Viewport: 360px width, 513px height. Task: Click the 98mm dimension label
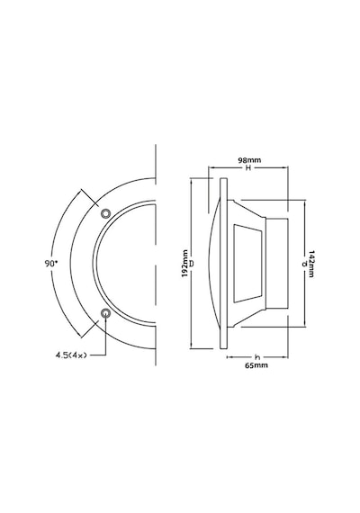pos(249,160)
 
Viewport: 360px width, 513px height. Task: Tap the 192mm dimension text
pos(184,264)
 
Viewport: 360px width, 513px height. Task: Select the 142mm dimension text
pos(311,264)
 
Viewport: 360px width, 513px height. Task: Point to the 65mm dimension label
pos(256,365)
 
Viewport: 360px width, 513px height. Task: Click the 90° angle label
pos(51,264)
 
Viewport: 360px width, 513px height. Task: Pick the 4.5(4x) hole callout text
pos(71,355)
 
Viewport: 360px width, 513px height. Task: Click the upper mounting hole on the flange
pos(105,213)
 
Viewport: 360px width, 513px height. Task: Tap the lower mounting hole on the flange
pos(105,313)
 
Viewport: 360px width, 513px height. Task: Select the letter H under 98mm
pos(248,167)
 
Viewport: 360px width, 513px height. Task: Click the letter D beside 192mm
pos(192,264)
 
